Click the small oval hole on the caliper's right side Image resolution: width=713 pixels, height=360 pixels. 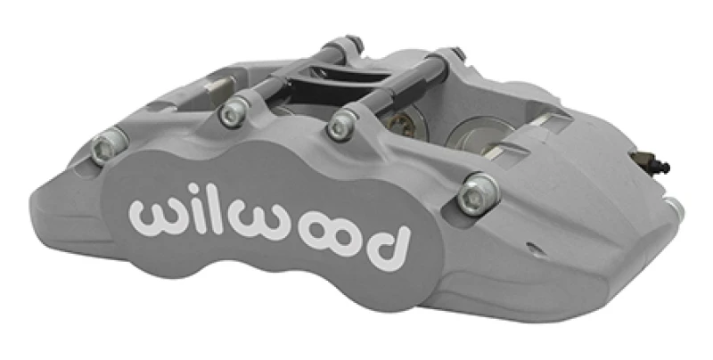tap(532, 249)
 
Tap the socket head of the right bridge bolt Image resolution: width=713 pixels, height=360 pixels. tap(340, 126)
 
